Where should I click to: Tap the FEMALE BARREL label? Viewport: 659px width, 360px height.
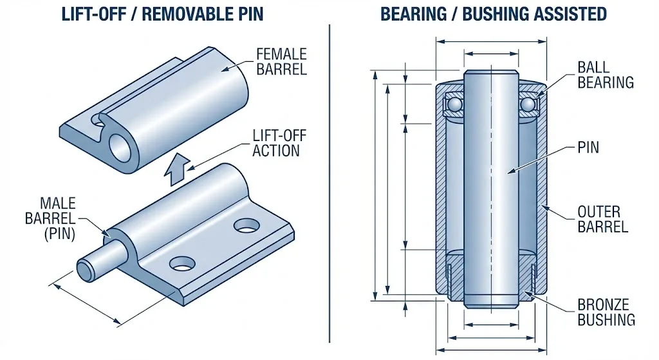pyautogui.click(x=281, y=61)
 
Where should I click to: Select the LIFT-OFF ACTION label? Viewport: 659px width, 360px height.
pyautogui.click(x=277, y=143)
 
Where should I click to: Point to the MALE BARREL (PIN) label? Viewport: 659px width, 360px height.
pyautogui.click(x=50, y=218)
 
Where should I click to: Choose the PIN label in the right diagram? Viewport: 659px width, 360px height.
pyautogui.click(x=588, y=147)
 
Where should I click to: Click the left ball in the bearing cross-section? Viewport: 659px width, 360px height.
pyautogui.click(x=455, y=104)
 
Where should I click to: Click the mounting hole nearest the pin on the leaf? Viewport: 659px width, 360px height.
pyautogui.click(x=182, y=263)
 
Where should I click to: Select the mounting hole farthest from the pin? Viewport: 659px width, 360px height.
pyautogui.click(x=246, y=225)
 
